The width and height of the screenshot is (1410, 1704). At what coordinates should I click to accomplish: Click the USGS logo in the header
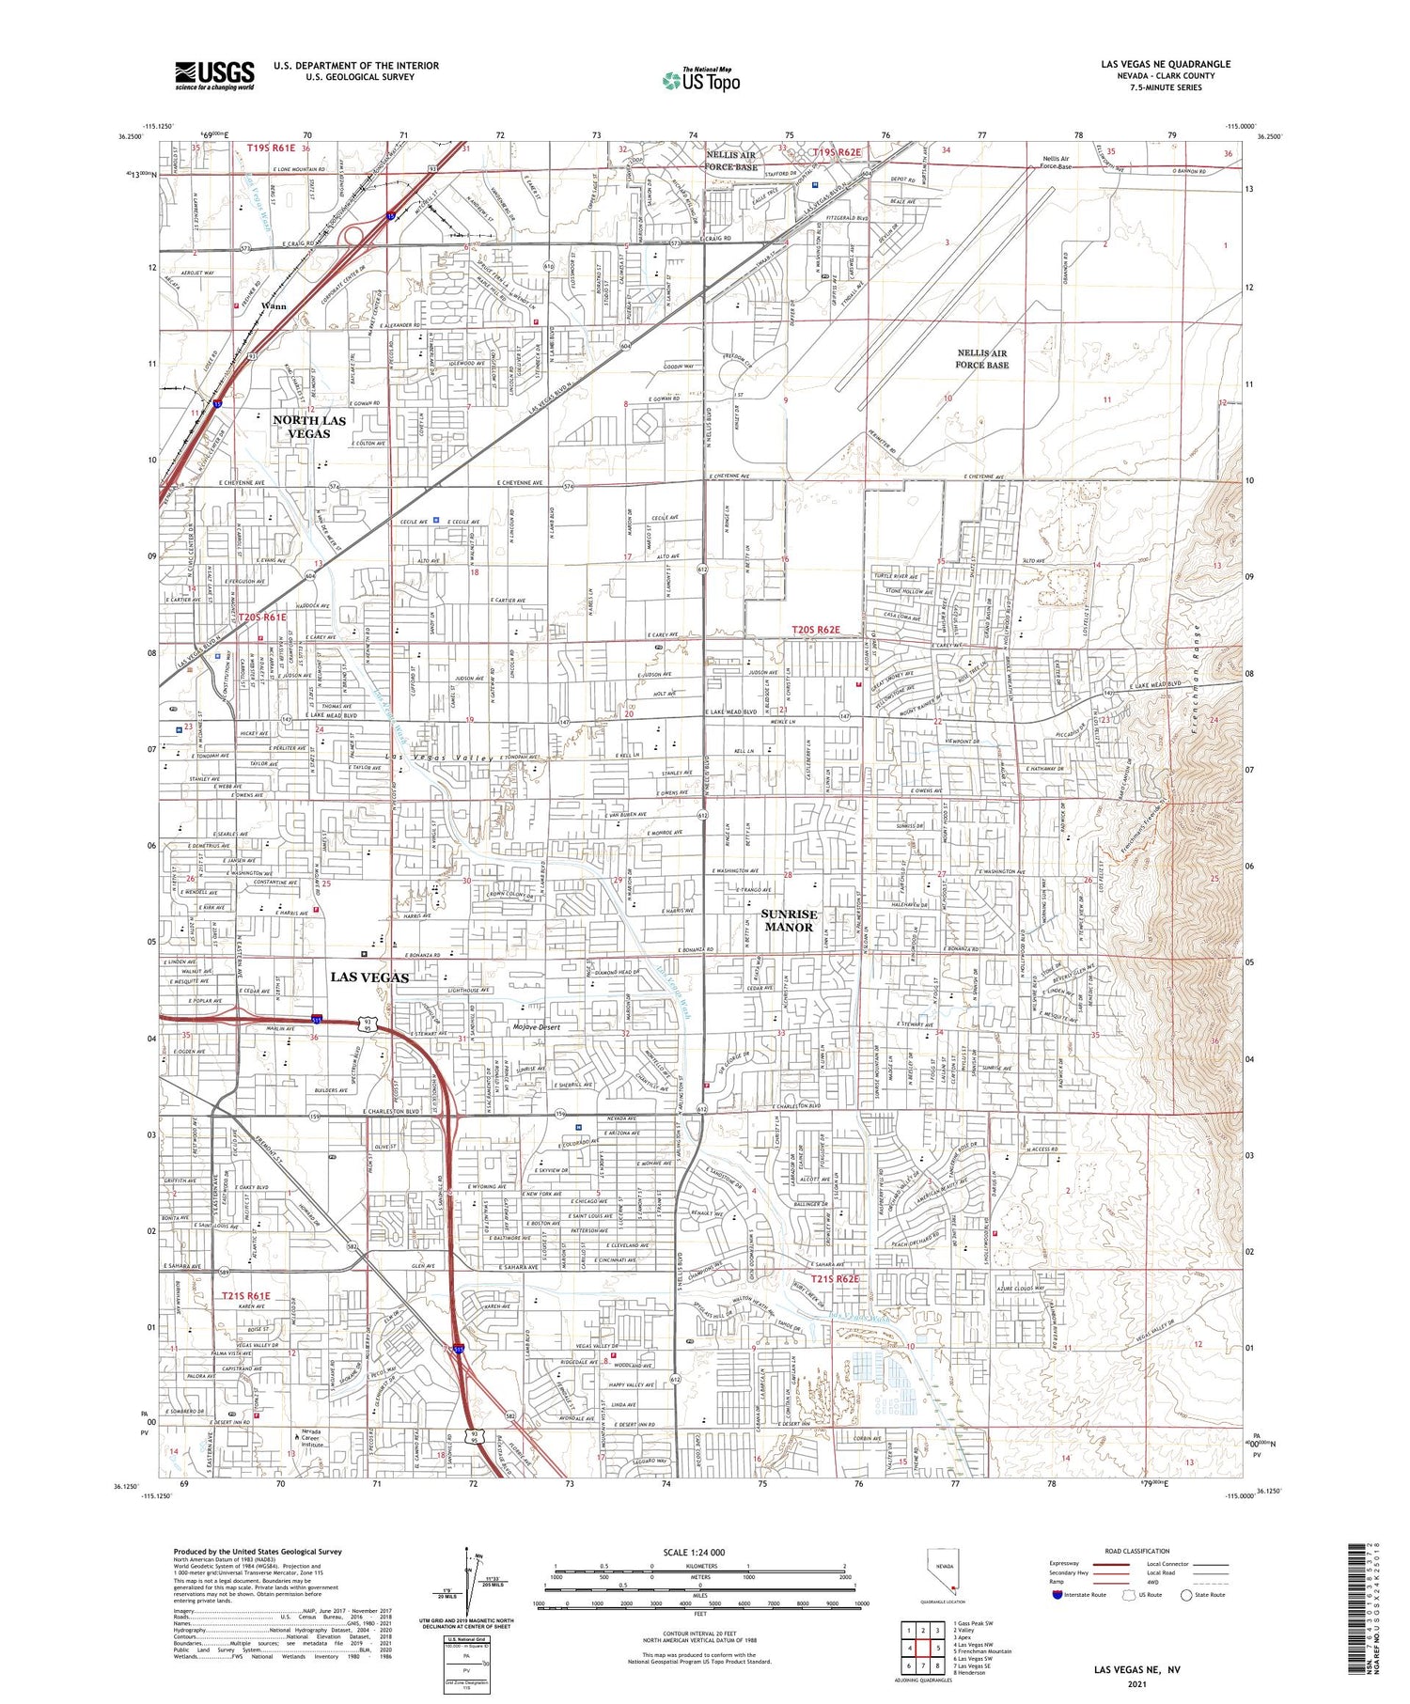tap(214, 75)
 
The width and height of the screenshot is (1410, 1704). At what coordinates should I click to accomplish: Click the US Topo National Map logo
tap(700, 80)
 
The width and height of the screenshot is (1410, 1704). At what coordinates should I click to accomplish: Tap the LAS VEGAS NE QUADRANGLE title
tap(1166, 65)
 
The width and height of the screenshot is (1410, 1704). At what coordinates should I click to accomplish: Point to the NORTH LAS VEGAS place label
tap(309, 427)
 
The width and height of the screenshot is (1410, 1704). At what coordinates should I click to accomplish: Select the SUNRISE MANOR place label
tap(789, 920)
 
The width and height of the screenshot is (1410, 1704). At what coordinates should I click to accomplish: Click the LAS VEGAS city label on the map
tap(369, 977)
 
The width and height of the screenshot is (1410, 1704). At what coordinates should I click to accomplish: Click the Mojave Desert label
tap(536, 1027)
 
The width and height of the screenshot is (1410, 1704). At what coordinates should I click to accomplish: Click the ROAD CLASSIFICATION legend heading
tap(1137, 1551)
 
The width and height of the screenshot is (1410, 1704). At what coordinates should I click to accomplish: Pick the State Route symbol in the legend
tap(1187, 1595)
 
